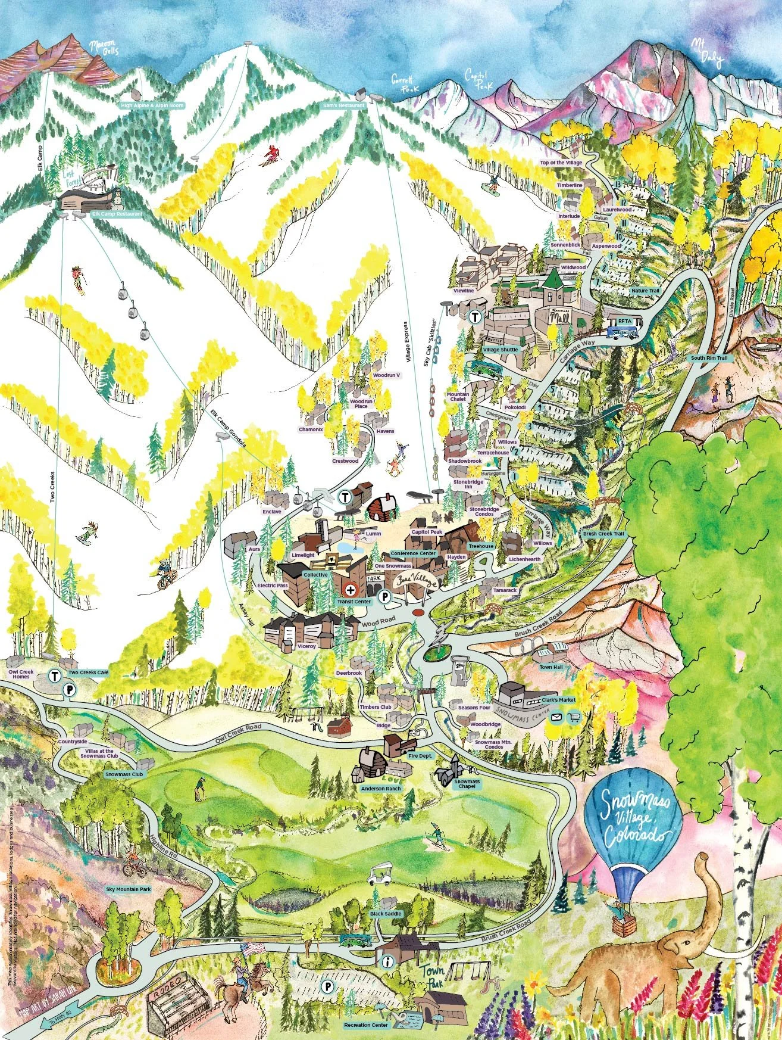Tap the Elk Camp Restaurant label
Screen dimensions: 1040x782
pyautogui.click(x=117, y=213)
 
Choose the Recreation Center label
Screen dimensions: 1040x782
pyautogui.click(x=367, y=1025)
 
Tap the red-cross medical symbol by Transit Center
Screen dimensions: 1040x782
pyautogui.click(x=351, y=589)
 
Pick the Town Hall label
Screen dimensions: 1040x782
pyautogui.click(x=550, y=667)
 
